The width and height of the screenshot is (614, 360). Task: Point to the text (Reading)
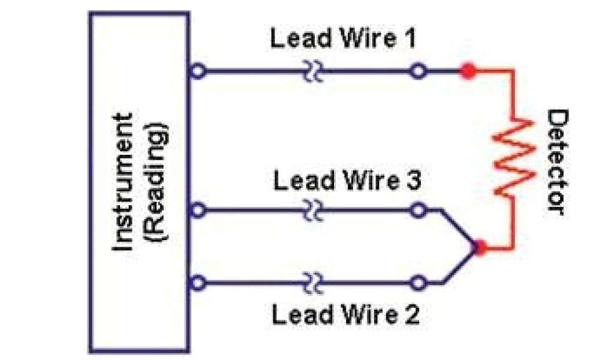tap(157, 184)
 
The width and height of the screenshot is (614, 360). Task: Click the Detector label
tap(555, 163)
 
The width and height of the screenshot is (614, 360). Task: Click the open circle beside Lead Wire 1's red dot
tap(419, 71)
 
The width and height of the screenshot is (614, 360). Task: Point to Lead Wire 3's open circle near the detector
tap(419, 211)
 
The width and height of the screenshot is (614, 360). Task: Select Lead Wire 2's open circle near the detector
tap(419, 281)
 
